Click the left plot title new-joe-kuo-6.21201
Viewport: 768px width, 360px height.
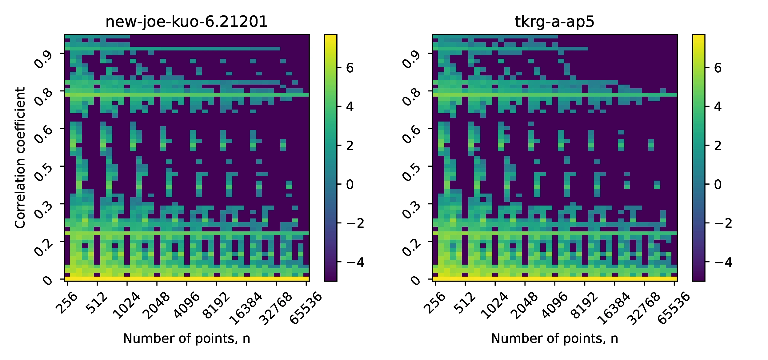186,22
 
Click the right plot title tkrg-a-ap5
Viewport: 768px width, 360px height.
554,22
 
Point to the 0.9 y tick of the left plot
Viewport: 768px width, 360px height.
43,59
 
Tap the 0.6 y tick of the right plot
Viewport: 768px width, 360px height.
411,134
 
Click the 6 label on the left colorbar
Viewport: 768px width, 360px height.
350,68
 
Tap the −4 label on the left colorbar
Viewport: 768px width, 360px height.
355,262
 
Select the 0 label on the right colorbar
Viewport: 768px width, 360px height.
718,184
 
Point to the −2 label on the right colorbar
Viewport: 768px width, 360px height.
723,223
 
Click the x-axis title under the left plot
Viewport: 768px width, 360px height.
186,338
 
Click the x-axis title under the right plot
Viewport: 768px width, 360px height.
554,338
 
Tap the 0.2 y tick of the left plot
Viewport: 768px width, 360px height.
43,247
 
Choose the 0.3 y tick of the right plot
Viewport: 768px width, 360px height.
411,210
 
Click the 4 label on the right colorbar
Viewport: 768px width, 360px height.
718,107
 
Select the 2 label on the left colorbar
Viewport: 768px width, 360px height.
350,146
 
